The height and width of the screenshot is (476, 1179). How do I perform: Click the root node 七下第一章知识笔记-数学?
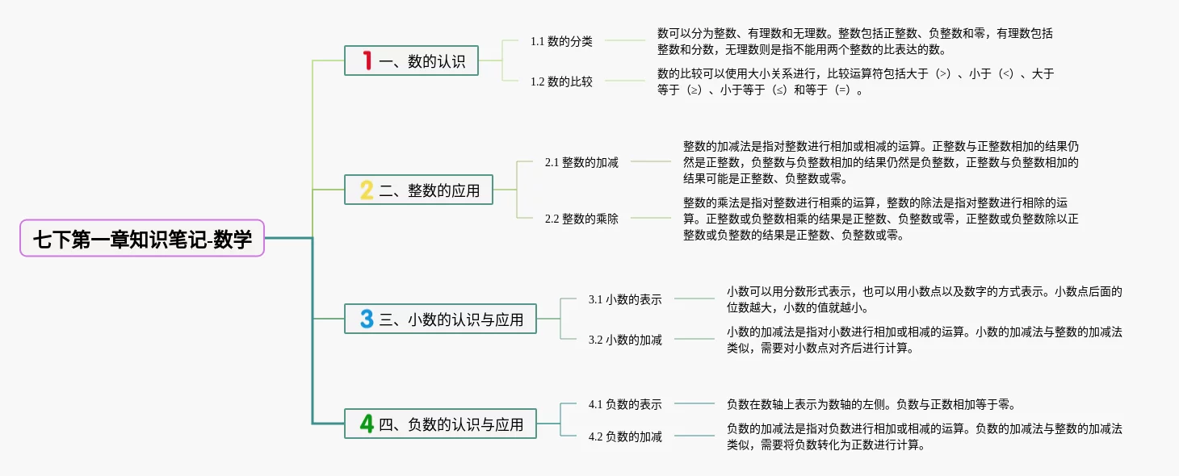[142, 239]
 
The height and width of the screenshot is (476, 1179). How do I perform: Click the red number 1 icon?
[367, 61]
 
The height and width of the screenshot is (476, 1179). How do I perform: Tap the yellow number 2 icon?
[367, 190]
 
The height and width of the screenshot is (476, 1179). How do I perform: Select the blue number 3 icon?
[367, 319]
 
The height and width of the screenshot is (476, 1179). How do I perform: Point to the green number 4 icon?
[367, 424]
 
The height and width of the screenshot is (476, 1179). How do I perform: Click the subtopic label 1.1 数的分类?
[561, 41]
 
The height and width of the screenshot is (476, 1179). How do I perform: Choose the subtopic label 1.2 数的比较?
[561, 81]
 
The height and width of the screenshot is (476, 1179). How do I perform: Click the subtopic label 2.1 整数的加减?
[581, 162]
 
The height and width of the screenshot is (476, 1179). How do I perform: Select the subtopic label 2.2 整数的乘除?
[581, 219]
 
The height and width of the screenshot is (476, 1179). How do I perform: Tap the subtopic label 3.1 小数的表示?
[625, 299]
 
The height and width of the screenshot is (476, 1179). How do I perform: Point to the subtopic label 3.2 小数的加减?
[625, 340]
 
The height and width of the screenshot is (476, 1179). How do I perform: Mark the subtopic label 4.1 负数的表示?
[625, 404]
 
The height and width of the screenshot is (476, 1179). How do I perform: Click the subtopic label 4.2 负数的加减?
[625, 436]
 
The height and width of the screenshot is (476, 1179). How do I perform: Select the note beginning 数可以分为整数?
[855, 41]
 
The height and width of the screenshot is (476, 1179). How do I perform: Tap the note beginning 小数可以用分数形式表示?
[924, 299]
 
